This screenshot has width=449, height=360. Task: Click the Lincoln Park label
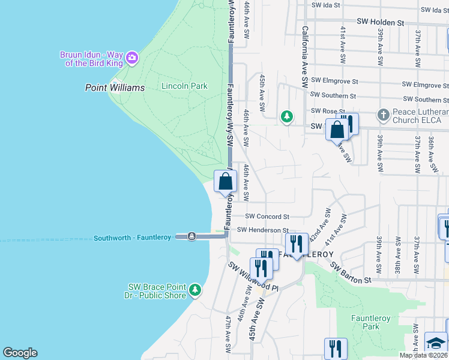point(184,86)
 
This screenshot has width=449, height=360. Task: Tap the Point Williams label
point(115,88)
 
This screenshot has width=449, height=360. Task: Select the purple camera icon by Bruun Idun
point(132,58)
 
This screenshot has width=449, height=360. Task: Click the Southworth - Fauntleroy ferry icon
point(191,236)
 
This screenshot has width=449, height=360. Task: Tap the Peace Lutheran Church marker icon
point(384,114)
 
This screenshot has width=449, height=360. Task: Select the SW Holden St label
point(380,22)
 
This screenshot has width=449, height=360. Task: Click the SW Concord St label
point(267,217)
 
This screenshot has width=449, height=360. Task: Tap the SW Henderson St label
point(262,230)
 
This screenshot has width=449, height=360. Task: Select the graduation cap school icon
point(436,343)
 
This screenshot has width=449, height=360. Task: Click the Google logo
point(20,353)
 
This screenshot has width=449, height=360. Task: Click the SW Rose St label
point(327,111)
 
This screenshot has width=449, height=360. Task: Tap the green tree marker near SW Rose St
point(288,116)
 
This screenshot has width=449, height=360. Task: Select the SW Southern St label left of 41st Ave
point(333,95)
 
